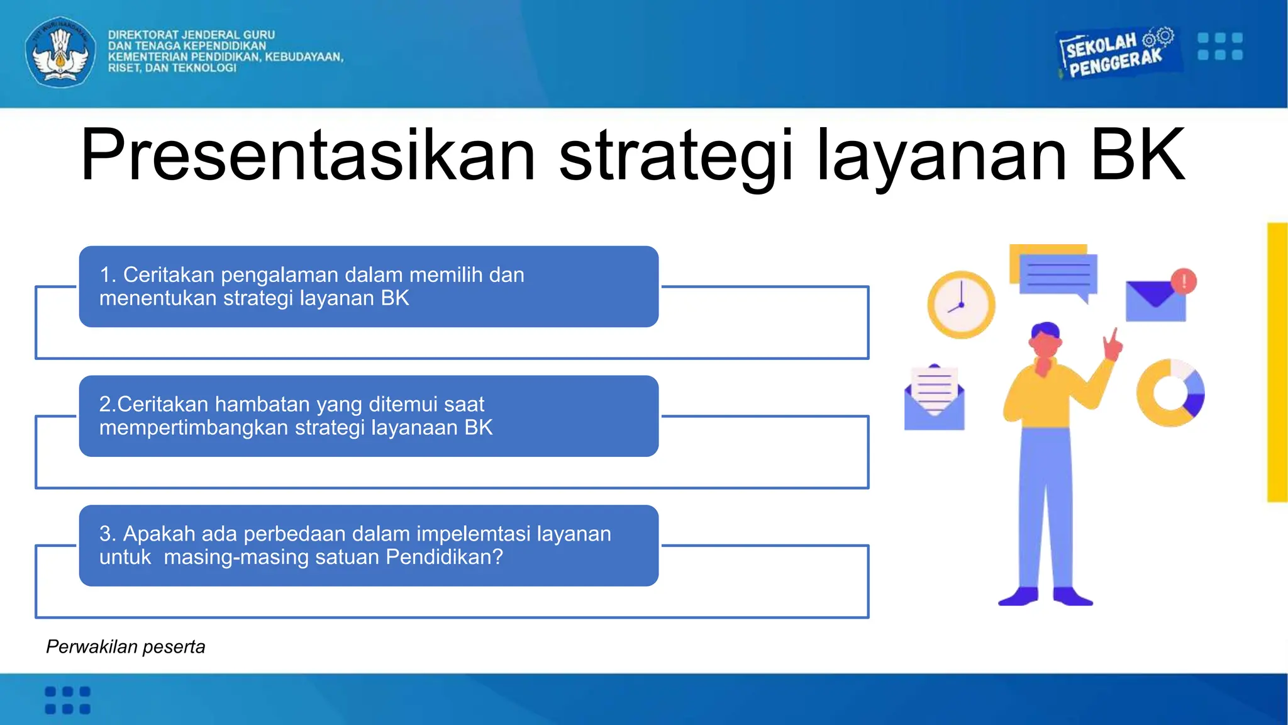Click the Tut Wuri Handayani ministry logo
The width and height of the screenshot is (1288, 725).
coord(60,52)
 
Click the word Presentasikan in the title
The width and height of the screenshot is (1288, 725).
coord(308,155)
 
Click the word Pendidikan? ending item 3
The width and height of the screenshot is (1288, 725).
coord(444,557)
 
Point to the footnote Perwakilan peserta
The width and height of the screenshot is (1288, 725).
coord(125,647)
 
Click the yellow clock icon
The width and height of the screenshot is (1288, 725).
coord(961,305)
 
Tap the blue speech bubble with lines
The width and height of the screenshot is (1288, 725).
coord(1058,274)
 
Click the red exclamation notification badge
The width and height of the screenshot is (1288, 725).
coord(1184,281)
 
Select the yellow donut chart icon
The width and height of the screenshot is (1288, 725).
coord(1170,393)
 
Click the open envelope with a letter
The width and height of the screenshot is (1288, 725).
coord(934,398)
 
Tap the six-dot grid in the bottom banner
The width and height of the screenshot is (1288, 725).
coord(67,700)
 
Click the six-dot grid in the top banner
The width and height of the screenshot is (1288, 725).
coord(1219,47)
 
